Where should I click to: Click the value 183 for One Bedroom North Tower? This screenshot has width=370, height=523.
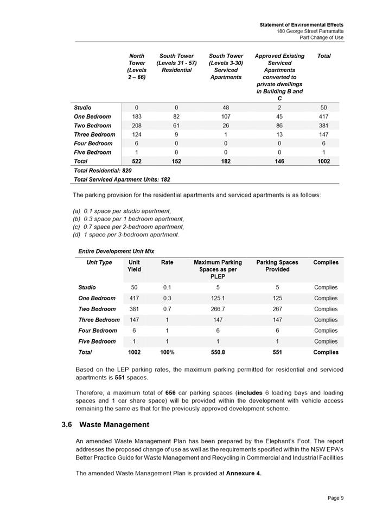click(137, 117)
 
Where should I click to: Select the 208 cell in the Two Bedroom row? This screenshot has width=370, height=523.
click(137, 125)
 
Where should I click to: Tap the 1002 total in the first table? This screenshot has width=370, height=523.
click(323, 161)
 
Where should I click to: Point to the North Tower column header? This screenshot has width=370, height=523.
click(137, 67)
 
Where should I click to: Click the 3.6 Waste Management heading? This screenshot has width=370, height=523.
click(105, 424)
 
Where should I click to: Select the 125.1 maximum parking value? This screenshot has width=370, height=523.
click(218, 298)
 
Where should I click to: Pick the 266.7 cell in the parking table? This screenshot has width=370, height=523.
click(218, 309)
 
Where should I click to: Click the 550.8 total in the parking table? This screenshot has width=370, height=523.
click(218, 352)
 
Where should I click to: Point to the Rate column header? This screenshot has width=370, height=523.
click(167, 262)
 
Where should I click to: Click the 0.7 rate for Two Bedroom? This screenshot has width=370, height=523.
click(167, 309)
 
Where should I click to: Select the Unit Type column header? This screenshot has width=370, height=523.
click(99, 262)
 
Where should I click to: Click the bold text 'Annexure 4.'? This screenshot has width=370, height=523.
click(244, 473)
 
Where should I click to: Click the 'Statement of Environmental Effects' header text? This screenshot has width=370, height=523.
click(301, 25)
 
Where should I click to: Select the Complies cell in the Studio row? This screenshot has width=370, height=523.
click(326, 287)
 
